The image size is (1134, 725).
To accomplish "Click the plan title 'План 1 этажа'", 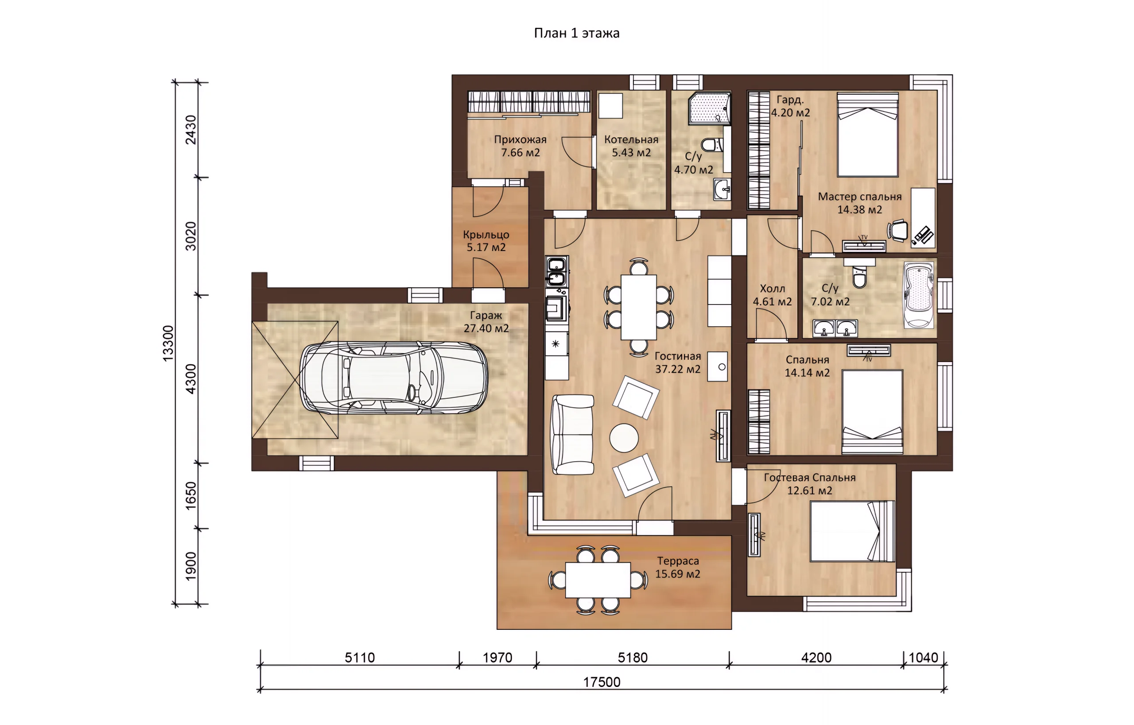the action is click(x=576, y=33).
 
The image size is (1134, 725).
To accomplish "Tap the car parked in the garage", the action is click(x=394, y=378).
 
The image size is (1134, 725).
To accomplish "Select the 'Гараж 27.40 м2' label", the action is click(x=486, y=322).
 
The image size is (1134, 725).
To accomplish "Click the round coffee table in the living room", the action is click(x=624, y=438).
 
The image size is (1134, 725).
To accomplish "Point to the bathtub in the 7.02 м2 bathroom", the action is click(x=918, y=295).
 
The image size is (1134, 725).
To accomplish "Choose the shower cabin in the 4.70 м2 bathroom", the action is click(x=710, y=109).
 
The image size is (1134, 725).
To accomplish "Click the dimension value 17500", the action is click(x=602, y=682).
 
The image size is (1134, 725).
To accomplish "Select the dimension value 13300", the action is click(x=168, y=343).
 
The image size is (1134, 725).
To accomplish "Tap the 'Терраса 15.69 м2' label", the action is click(x=677, y=567).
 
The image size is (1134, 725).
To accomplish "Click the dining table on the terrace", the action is click(x=598, y=580).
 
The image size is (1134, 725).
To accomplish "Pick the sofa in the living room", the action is click(x=572, y=435).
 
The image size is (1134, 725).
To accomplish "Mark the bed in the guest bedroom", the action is click(x=852, y=531).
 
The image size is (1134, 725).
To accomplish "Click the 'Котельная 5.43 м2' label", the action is click(x=631, y=146).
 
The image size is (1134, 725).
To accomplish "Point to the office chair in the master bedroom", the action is click(x=897, y=231).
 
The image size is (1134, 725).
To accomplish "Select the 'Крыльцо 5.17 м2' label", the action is click(x=486, y=241).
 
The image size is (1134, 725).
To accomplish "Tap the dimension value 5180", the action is click(x=633, y=658).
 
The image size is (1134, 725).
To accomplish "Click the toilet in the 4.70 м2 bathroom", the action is click(x=711, y=144).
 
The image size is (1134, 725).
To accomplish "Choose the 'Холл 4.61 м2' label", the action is click(x=772, y=295).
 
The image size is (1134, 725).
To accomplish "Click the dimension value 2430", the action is click(x=190, y=129).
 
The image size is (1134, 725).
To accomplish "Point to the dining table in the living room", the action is click(x=638, y=307).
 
